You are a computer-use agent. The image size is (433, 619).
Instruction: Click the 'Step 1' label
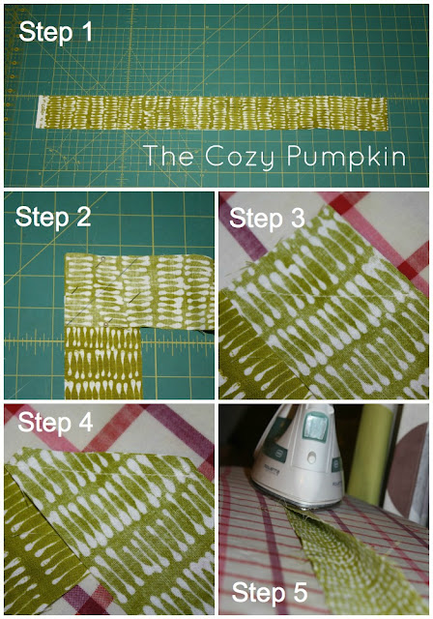[x=56, y=32]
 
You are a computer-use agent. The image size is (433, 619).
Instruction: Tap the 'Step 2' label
[x=53, y=217]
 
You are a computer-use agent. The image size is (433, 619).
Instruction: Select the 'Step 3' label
[x=268, y=218]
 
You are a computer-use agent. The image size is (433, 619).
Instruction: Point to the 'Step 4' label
[x=55, y=422]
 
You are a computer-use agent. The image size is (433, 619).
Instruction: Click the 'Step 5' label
[x=270, y=592]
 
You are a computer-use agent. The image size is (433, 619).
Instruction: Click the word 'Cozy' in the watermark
[x=240, y=157]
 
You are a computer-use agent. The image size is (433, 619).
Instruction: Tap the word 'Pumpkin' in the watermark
[x=346, y=157]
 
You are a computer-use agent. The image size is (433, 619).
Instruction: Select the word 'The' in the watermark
[x=169, y=155]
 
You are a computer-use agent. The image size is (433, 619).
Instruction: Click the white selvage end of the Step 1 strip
[x=41, y=112]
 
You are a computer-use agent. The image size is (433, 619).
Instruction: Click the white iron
[x=299, y=457]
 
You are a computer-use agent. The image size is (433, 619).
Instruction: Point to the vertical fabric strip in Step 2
[x=103, y=363]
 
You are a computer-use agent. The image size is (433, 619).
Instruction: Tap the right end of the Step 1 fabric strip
[x=387, y=114]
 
